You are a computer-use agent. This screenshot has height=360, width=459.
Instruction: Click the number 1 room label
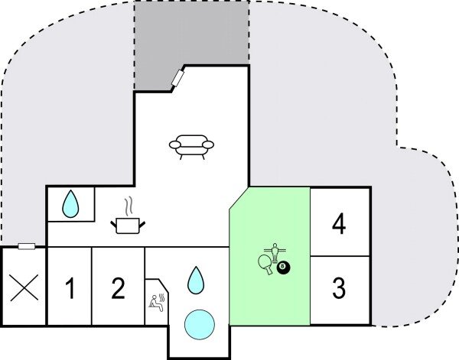pyautogui.click(x=70, y=290)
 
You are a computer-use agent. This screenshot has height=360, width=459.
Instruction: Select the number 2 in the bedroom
pyautogui.click(x=117, y=289)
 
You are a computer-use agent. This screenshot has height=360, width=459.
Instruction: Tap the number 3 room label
pyautogui.click(x=339, y=289)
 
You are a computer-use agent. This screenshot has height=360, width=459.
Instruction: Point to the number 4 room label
pyautogui.click(x=339, y=225)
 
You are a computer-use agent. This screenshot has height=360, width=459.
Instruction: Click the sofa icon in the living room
pyautogui.click(x=191, y=145)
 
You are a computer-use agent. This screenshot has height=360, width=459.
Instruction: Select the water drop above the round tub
pyautogui.click(x=197, y=281)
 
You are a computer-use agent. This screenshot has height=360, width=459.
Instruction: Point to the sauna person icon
pyautogui.click(x=158, y=300)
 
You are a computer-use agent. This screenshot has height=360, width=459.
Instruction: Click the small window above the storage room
pyautogui.click(x=27, y=246)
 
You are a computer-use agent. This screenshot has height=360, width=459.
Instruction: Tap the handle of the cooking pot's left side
pyautogui.click(x=115, y=222)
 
